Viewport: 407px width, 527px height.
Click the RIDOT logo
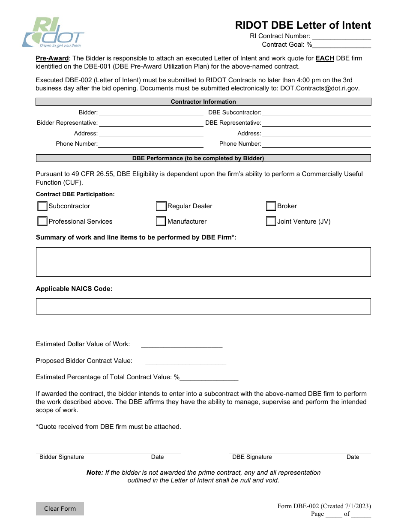(x=53, y=33)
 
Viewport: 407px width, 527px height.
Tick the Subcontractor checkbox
(x=42, y=207)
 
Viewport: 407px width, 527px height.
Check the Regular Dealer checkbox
(x=161, y=207)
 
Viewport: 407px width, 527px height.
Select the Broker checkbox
(x=271, y=207)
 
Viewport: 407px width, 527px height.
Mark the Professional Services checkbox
(x=42, y=222)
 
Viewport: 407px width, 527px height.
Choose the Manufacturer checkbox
(x=161, y=222)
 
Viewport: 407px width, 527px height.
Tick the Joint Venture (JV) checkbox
(x=271, y=222)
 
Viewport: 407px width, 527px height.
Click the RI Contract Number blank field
(x=341, y=36)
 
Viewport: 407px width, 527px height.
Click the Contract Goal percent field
(x=341, y=45)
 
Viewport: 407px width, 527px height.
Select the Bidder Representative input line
(x=151, y=123)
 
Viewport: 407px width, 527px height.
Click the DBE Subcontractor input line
(x=316, y=113)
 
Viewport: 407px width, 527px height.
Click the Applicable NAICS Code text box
(x=203, y=306)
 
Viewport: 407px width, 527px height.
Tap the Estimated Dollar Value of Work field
(x=182, y=344)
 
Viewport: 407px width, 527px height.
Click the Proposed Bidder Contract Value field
(x=186, y=361)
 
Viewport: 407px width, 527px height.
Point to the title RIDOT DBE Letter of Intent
(x=303, y=25)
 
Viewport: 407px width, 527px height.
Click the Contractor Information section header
(x=203, y=102)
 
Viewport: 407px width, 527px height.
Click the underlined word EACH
(x=325, y=58)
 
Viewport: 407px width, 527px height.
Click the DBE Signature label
(x=252, y=457)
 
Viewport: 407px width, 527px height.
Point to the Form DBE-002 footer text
(x=324, y=506)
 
